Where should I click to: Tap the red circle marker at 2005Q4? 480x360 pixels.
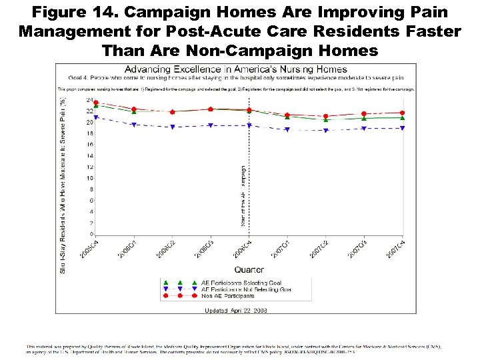96,103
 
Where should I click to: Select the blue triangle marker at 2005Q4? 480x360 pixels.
96,117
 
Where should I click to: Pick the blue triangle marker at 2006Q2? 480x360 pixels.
173,127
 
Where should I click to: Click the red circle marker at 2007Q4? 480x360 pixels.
402,113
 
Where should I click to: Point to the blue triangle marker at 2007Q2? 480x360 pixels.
325,131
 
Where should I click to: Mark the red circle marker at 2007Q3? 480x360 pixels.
364,114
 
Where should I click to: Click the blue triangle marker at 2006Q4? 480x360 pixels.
249,125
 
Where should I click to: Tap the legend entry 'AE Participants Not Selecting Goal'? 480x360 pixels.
246,289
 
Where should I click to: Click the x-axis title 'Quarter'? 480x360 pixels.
248,270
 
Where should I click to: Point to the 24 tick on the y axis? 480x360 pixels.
89,100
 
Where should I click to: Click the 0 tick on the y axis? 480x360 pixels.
91,234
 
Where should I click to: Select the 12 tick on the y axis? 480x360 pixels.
89,167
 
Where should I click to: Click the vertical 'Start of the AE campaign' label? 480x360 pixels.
243,193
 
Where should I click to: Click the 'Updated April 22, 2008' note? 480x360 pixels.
236,311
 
